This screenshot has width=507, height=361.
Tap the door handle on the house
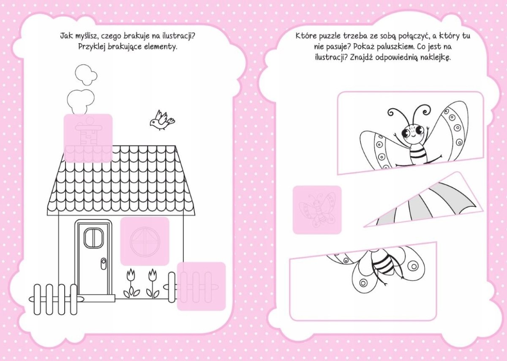[104, 264]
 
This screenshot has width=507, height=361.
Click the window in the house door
[93, 238]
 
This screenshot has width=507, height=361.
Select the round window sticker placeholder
[144, 241]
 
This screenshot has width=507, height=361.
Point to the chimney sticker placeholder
[88, 138]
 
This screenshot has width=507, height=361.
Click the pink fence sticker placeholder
[201, 286]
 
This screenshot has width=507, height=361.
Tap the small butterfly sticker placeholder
[317, 210]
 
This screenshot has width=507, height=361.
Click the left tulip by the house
[131, 283]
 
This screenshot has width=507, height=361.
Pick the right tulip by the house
[153, 283]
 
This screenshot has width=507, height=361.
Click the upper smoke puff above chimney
[86, 75]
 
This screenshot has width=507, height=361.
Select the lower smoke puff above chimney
[80, 102]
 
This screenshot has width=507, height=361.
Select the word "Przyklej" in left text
[92, 47]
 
